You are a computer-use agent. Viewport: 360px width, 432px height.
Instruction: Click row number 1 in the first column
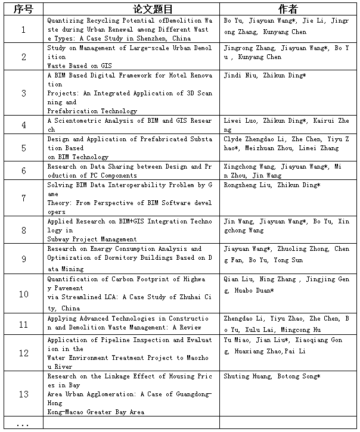point(23,30)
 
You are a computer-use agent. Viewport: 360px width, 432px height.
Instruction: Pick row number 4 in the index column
point(23,125)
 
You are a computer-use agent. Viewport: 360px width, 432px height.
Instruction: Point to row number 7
point(23,198)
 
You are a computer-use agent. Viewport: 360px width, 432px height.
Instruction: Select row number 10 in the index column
point(23,294)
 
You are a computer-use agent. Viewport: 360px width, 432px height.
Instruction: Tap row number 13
point(23,394)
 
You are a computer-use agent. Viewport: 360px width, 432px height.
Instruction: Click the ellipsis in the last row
point(23,424)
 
